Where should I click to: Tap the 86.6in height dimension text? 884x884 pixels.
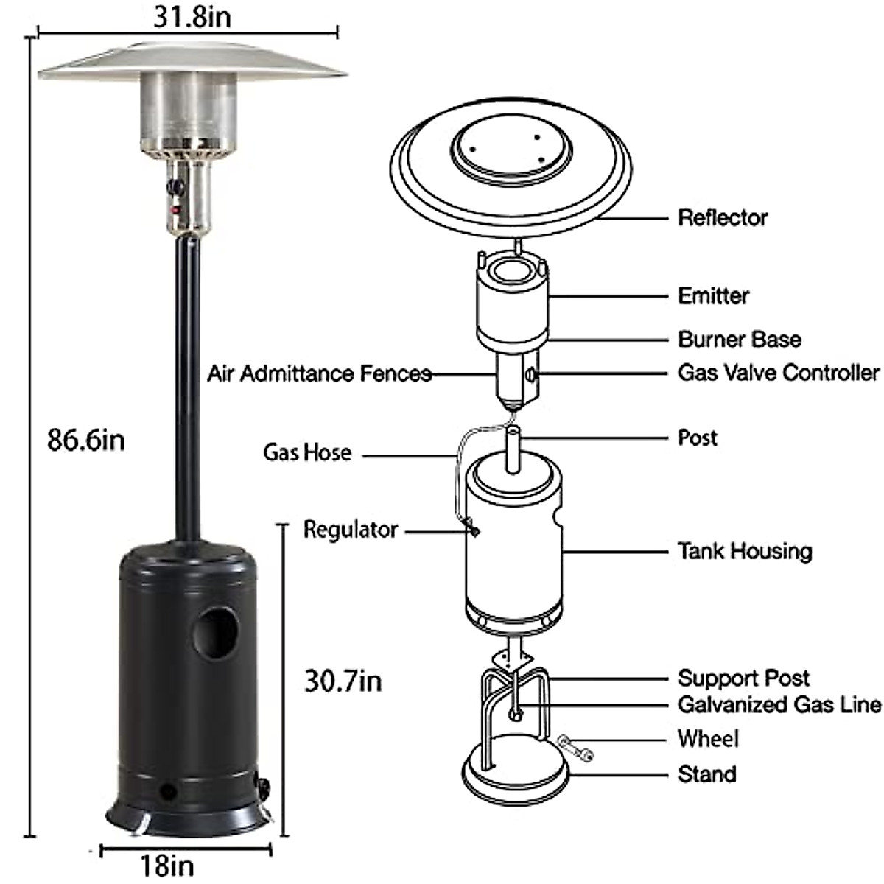(86, 440)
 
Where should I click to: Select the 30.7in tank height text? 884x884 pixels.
(343, 681)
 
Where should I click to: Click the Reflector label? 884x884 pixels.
(723, 217)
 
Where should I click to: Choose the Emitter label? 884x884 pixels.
(713, 295)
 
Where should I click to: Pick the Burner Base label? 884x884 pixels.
(739, 339)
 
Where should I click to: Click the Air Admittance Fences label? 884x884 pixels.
(319, 373)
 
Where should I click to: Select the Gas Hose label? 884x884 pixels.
(307, 452)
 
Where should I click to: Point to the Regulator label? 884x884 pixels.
(351, 529)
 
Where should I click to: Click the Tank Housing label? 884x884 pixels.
(745, 550)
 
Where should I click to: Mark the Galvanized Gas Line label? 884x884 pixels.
(779, 704)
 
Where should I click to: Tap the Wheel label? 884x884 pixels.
(708, 738)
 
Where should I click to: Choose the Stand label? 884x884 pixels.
(706, 773)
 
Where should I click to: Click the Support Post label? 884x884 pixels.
(743, 678)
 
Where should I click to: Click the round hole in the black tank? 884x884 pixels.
(215, 632)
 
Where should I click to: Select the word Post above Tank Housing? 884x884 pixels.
(697, 438)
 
